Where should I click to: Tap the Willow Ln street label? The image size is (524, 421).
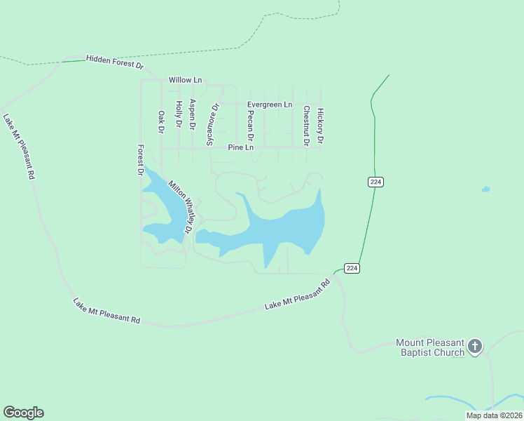click(185, 80)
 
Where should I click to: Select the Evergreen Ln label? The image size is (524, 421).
click(270, 105)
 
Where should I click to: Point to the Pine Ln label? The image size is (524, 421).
click(240, 147)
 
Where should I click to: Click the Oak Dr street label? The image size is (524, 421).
click(160, 121)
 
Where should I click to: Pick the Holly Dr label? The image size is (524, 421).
click(179, 114)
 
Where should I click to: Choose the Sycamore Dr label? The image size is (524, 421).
click(212, 124)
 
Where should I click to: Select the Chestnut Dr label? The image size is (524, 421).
click(306, 126)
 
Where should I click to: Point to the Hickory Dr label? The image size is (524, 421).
click(320, 126)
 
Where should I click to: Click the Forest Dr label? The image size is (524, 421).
click(140, 160)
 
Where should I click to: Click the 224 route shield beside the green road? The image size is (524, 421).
click(375, 182)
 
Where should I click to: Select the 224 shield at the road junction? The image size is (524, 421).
click(352, 268)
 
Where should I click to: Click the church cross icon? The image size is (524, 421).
click(475, 346)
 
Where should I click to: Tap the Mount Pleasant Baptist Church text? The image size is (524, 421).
click(430, 347)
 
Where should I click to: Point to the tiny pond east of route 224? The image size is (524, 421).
click(485, 189)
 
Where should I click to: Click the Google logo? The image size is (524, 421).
click(23, 413)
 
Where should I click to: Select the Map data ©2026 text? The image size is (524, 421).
click(494, 415)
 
